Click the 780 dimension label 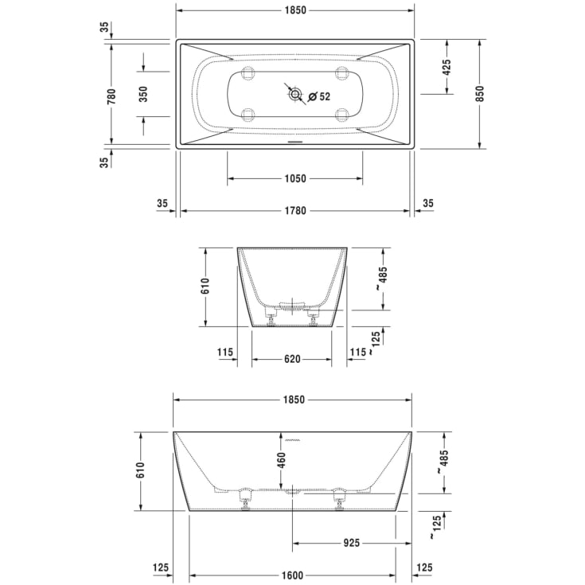tap(112, 96)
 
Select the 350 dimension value tap(143, 94)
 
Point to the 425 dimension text tap(447, 68)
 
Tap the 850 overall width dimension tap(479, 94)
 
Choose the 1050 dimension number tap(294, 179)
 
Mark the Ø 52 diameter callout tap(319, 96)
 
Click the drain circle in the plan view tap(296, 96)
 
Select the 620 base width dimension tap(292, 359)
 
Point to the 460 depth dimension tap(281, 460)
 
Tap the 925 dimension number tap(351, 543)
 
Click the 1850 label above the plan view tap(294, 10)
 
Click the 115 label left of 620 tap(224, 352)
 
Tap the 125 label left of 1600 tap(161, 567)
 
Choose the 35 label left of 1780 tap(162, 204)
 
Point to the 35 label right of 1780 tap(427, 204)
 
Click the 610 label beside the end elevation tap(205, 287)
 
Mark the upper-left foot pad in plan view tap(247, 73)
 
